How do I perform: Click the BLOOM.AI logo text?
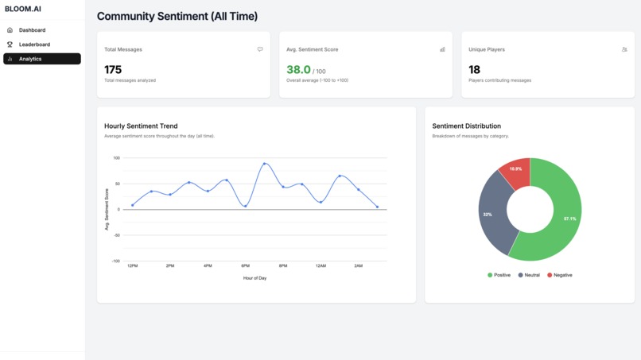point(23,9)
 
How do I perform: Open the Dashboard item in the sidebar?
point(32,30)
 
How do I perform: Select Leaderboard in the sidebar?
point(34,45)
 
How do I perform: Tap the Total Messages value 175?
point(113,70)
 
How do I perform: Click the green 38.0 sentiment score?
point(299,70)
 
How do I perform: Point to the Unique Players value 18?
point(474,70)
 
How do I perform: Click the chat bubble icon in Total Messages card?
point(260,49)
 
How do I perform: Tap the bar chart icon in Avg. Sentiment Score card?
point(442,49)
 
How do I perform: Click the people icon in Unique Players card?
point(624,49)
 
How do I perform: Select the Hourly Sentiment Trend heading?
point(141,126)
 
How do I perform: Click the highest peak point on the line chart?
point(265,164)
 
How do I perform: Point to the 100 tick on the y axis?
point(116,158)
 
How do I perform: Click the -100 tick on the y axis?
point(115,261)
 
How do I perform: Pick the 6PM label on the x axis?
point(245,266)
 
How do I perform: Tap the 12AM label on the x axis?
point(320,266)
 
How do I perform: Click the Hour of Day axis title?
point(254,278)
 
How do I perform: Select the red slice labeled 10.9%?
point(515,171)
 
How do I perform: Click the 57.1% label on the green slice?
point(569,219)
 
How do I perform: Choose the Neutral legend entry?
point(529,275)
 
